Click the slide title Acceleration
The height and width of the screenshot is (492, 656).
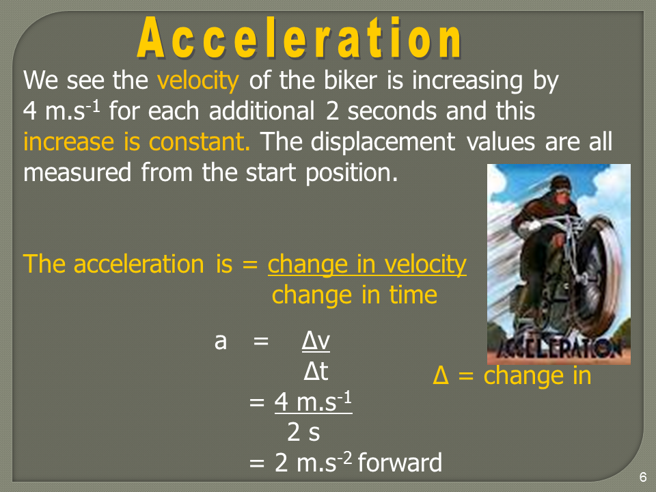(299, 38)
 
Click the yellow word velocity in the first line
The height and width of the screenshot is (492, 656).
(198, 81)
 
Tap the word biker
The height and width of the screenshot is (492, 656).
(351, 80)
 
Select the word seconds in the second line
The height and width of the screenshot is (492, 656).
(392, 111)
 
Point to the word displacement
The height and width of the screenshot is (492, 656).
(383, 142)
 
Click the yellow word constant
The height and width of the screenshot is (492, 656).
(199, 142)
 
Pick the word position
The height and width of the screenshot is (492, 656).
(351, 173)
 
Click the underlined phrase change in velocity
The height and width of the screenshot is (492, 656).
(367, 264)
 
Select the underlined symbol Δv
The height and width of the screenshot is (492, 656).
(316, 341)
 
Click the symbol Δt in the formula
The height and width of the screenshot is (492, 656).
(316, 371)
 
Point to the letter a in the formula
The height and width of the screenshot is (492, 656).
(221, 342)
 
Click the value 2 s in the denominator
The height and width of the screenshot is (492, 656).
(303, 432)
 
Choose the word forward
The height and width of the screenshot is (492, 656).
(400, 463)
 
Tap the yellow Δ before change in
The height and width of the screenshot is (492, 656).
(441, 375)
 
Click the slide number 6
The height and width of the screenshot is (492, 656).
(643, 477)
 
